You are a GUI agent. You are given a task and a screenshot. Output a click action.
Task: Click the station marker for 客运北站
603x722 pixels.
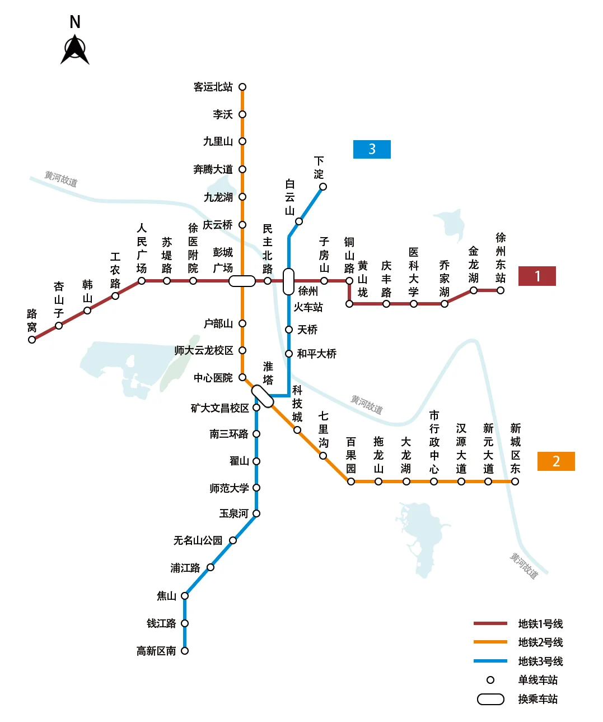(x=242, y=87)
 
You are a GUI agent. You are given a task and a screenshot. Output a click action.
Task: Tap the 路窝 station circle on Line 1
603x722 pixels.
(x=32, y=340)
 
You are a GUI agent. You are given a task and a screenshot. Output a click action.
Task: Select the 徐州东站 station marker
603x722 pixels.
(x=501, y=290)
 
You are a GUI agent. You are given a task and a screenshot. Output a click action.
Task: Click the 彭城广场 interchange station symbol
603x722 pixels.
(x=242, y=281)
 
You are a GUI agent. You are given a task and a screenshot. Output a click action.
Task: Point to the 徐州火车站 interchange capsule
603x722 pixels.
(x=288, y=281)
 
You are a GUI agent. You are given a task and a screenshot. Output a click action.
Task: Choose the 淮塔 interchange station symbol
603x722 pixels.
(x=262, y=396)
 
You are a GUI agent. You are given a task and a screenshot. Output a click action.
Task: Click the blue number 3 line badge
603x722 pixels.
(x=372, y=149)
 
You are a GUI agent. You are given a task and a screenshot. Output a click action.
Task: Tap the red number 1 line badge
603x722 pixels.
(x=537, y=276)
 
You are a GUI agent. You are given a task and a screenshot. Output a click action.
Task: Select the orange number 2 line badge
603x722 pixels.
(x=556, y=461)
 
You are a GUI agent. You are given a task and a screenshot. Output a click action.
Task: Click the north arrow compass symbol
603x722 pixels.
(x=75, y=49)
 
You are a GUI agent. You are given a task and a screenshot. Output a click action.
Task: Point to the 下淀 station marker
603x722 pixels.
(x=323, y=187)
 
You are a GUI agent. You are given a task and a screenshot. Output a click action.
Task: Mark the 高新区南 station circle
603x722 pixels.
(x=185, y=651)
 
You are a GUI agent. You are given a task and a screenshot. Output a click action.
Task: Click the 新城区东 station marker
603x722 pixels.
(x=515, y=482)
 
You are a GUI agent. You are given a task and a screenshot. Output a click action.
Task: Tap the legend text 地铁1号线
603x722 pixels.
(x=540, y=624)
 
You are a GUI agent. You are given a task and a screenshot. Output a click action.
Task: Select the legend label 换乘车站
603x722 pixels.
(x=537, y=699)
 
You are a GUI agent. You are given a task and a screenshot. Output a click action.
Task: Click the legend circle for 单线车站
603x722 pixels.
(x=490, y=680)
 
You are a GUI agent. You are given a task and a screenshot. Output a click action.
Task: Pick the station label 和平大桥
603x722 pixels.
(x=317, y=354)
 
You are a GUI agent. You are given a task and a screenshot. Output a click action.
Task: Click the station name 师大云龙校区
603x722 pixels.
(x=204, y=350)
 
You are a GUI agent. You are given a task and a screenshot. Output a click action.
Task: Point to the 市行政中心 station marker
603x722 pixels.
(x=434, y=482)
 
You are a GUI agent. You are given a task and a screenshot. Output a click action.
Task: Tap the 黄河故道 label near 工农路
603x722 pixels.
(x=61, y=179)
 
